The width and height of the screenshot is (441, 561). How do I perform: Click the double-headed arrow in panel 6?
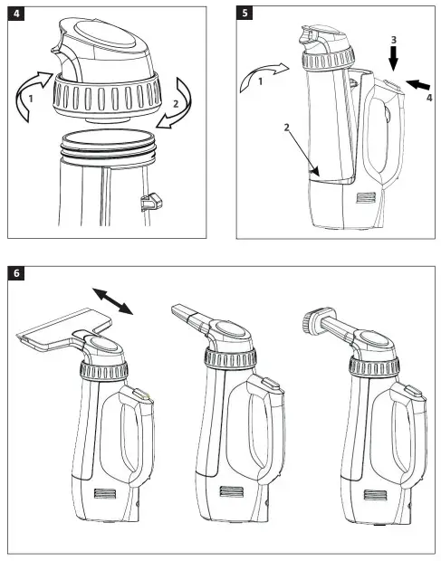pyautogui.click(x=113, y=300)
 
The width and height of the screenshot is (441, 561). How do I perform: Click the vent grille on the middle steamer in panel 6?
pyautogui.click(x=232, y=494)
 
